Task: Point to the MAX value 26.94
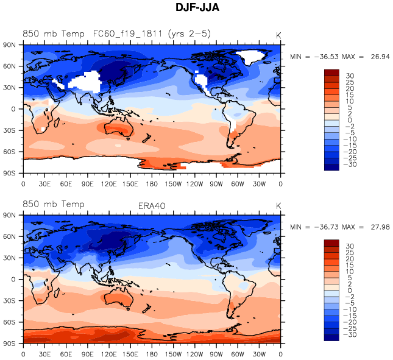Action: point(378,56)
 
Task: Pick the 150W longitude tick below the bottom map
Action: point(174,353)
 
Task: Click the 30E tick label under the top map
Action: point(44,183)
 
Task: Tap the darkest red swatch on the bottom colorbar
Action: point(331,242)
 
